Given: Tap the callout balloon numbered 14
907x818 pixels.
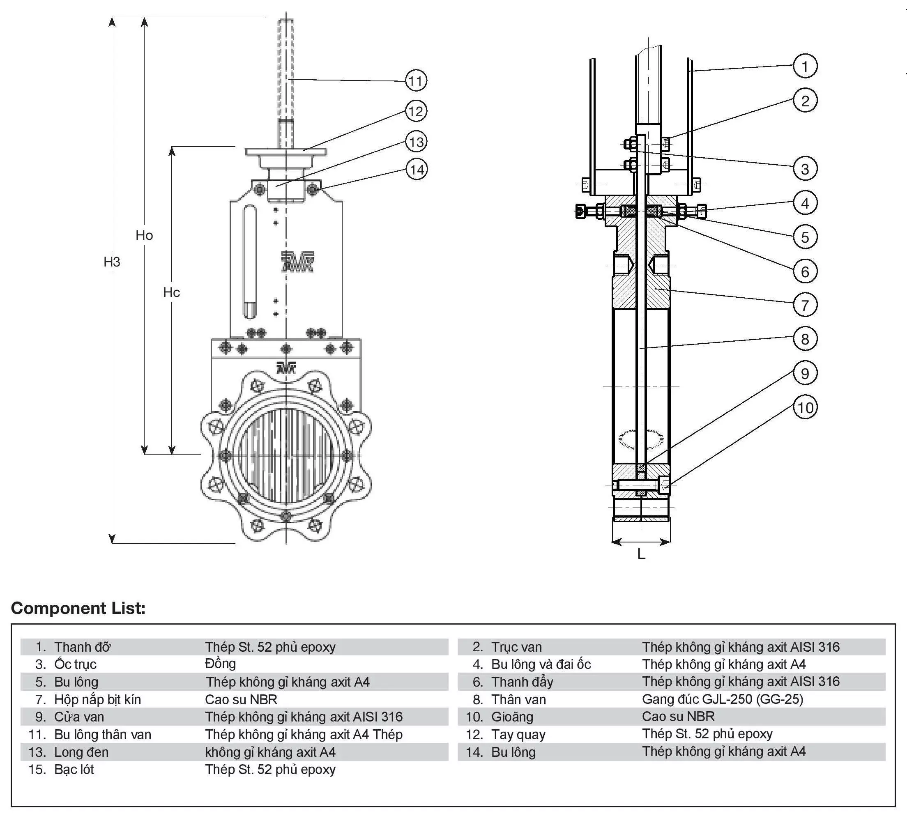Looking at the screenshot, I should coord(417,170).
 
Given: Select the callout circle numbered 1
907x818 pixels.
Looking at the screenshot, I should coord(804,66).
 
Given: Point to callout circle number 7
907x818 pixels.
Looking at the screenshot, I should coord(804,305).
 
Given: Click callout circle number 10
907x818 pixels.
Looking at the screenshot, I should coord(804,408).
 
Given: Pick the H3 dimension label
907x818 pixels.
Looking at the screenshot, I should coord(112,262).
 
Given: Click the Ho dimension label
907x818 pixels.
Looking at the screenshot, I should coord(144,235).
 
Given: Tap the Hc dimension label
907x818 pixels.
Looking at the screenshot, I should coord(171,293).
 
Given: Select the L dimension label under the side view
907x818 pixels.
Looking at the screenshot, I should coord(641,555).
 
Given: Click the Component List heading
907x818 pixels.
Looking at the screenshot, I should coord(78,608).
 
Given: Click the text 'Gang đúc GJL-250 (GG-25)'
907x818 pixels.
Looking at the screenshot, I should coord(722,699).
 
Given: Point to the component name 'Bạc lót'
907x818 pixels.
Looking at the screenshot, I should coord(74,770).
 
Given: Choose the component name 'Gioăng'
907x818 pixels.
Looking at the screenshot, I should coord(512,717).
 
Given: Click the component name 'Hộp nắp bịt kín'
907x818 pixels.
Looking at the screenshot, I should coord(98,699).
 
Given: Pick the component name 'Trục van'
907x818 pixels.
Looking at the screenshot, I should coord(516,647).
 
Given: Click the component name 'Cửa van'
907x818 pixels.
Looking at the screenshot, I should coord(79,717).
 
